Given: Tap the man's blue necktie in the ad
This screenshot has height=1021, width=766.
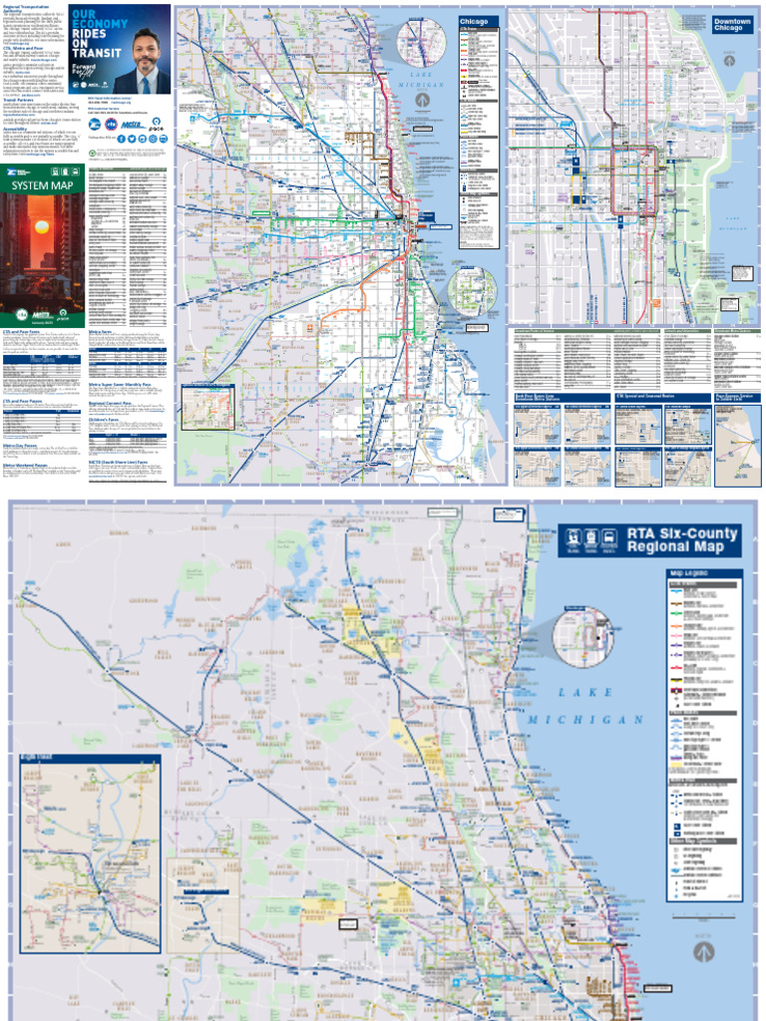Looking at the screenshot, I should pos(142,80).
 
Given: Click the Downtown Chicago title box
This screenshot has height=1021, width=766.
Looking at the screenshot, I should pos(733,24).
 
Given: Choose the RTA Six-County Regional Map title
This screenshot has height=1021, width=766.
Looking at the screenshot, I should pos(682,540).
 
